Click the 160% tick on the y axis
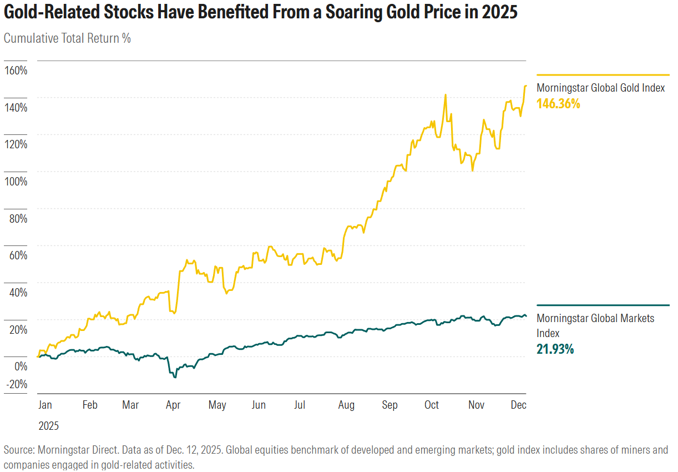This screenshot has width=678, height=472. pos(16,71)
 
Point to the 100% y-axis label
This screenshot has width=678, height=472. pos(16,182)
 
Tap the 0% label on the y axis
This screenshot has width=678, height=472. pos(21,366)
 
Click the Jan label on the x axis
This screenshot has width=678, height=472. pos(45,405)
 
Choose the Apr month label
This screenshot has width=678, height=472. pos(174,405)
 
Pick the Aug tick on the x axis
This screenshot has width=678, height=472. pos(346,405)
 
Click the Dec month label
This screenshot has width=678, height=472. pos(518,405)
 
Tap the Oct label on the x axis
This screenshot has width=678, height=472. pos(432,405)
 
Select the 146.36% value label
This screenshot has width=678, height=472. pos(558,103)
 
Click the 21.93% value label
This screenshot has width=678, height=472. pos(555,349)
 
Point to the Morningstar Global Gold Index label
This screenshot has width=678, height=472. pos(600,88)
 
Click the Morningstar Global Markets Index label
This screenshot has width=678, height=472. pos(595,325)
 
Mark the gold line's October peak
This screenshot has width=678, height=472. pos(445,95)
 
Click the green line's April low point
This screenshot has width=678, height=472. pos(175,377)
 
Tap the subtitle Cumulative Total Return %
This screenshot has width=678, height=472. pos(67,38)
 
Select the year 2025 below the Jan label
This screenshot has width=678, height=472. pos(48,426)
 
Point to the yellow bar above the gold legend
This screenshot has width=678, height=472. pos(603,74)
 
